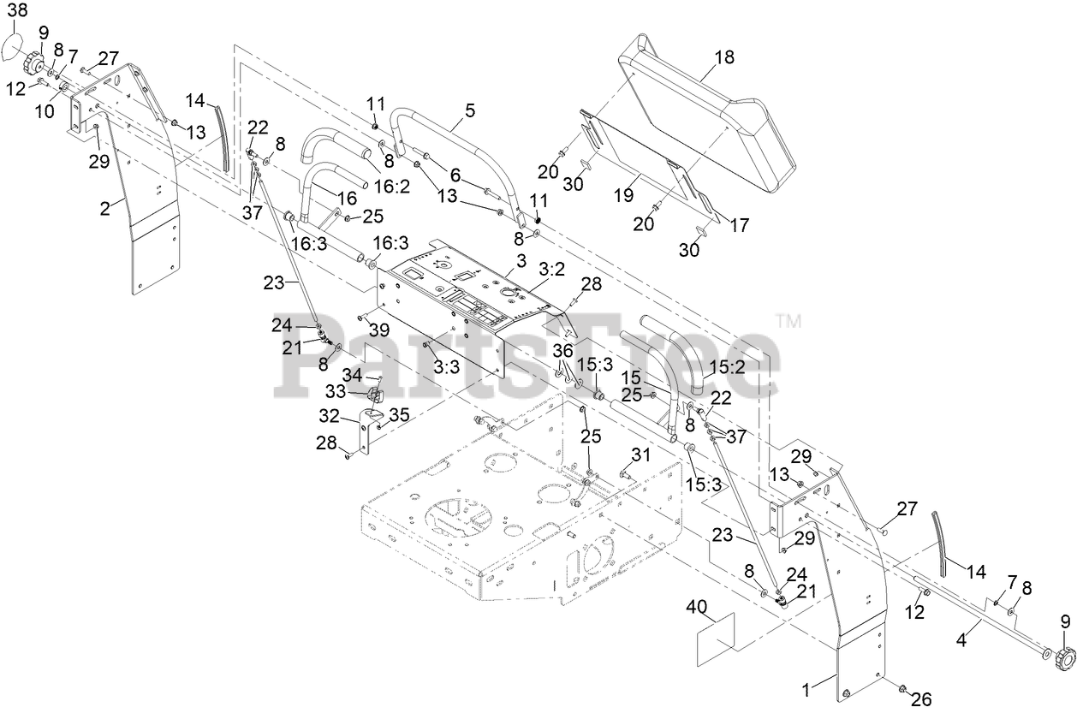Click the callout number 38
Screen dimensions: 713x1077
(x=18, y=10)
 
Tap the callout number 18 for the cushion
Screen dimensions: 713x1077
(x=723, y=58)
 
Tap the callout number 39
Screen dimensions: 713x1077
(x=378, y=330)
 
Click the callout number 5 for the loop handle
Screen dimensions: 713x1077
(x=469, y=110)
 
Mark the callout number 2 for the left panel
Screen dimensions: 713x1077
(x=104, y=208)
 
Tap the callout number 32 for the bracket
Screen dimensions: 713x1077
(x=330, y=417)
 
